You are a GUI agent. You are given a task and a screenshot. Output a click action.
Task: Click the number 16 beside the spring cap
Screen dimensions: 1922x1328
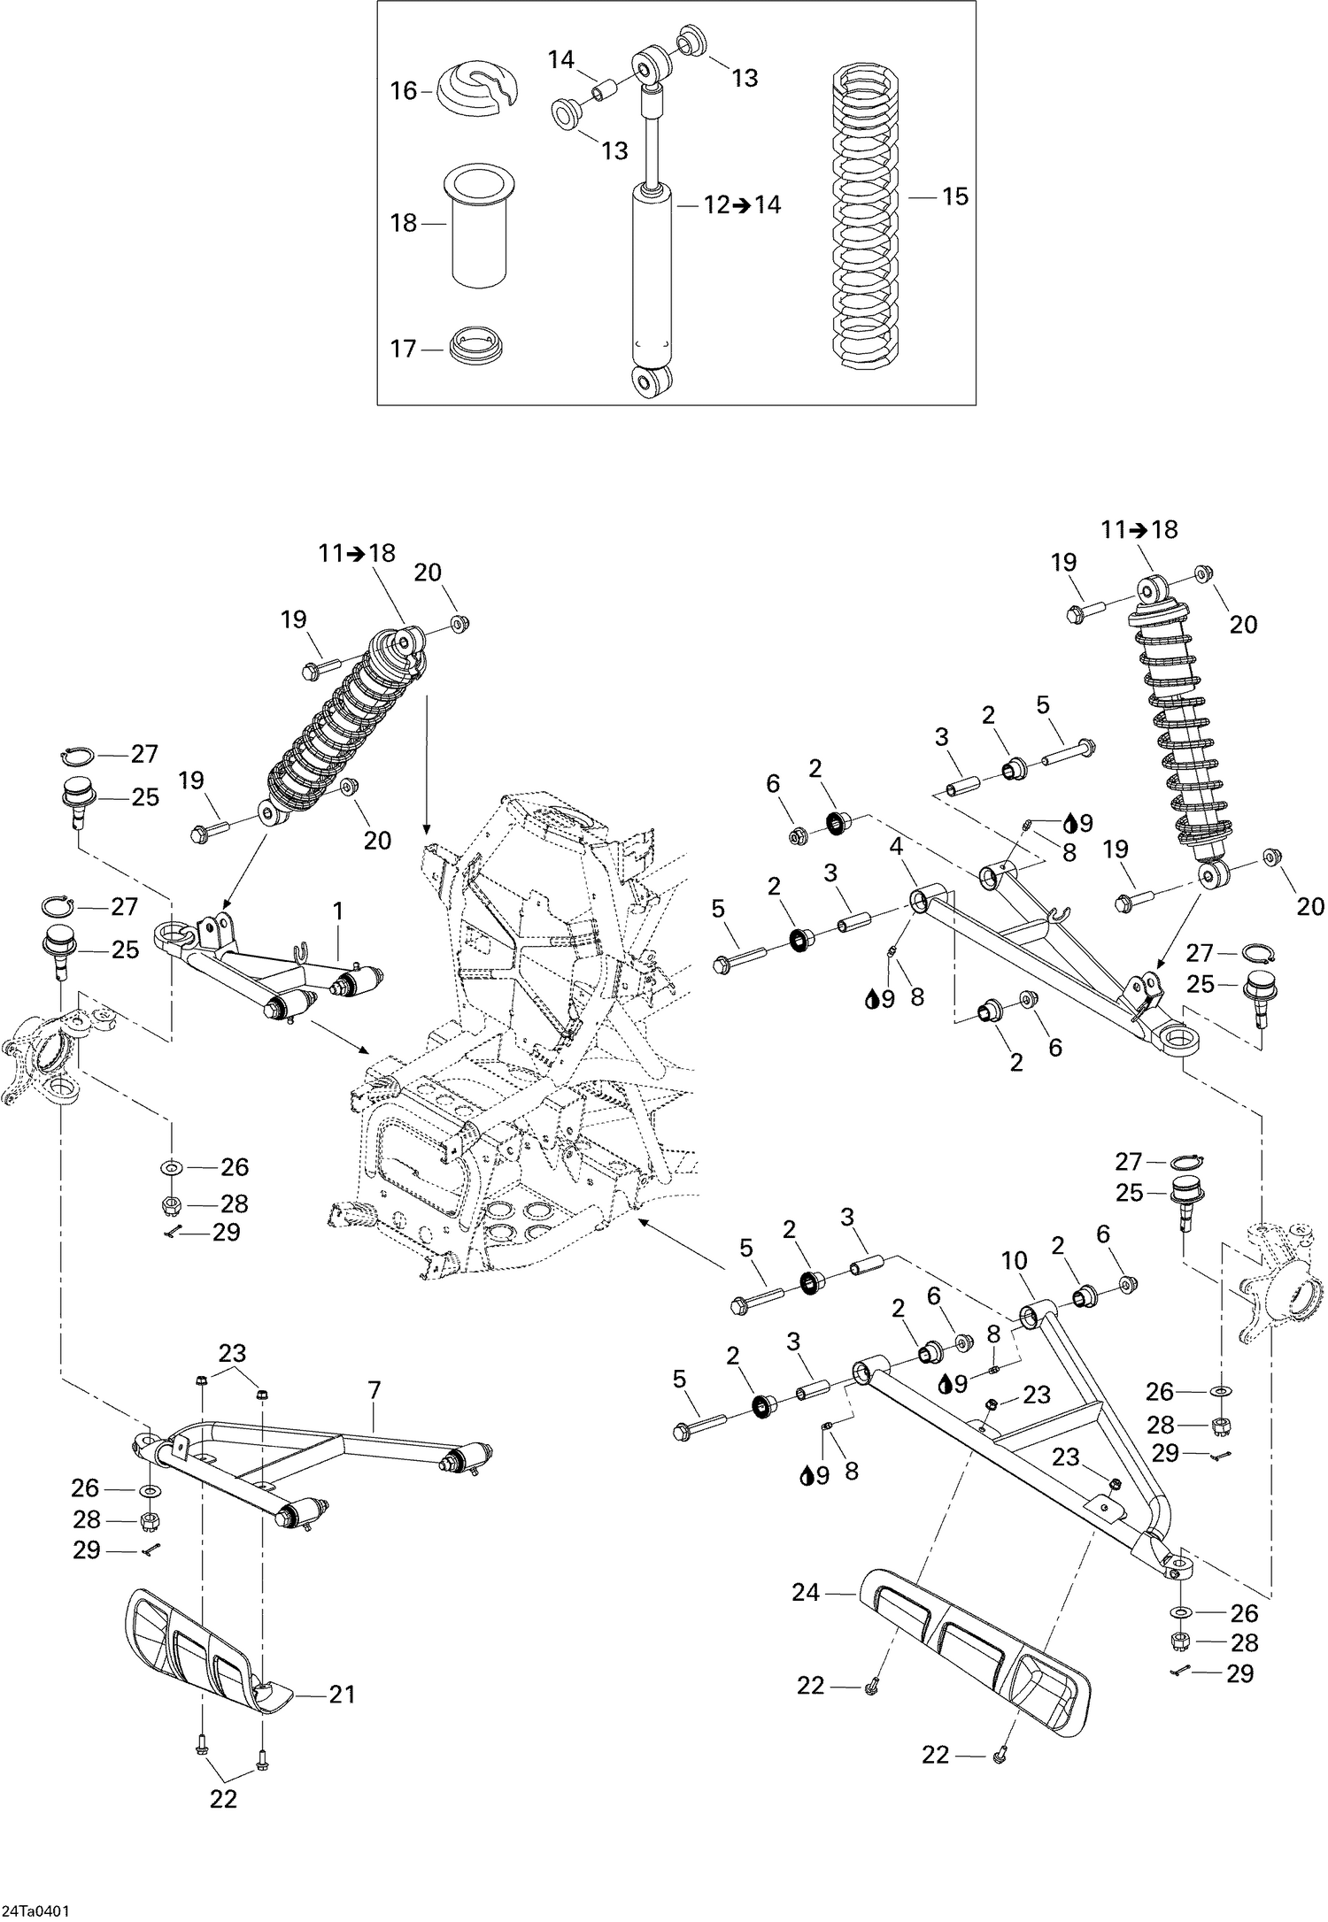pyautogui.click(x=404, y=91)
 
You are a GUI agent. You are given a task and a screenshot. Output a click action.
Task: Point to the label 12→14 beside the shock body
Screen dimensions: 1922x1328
pyautogui.click(x=743, y=205)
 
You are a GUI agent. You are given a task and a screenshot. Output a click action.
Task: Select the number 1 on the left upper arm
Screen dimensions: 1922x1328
pyautogui.click(x=337, y=911)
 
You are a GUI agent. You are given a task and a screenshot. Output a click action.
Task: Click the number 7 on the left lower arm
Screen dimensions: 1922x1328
pyautogui.click(x=374, y=1391)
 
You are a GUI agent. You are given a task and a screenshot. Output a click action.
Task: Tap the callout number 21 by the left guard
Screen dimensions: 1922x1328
pyautogui.click(x=342, y=1695)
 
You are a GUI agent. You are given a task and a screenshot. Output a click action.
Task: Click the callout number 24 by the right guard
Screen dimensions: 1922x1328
pyautogui.click(x=806, y=1594)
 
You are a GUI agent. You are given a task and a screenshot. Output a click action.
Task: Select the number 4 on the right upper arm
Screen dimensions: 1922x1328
pyautogui.click(x=896, y=847)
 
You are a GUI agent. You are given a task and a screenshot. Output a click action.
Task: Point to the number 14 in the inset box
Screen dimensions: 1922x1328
pyautogui.click(x=560, y=60)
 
